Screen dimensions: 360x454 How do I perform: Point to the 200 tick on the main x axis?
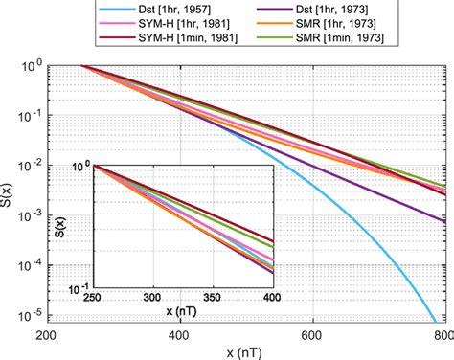tap(45, 338)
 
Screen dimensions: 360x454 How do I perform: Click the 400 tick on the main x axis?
tap(179, 338)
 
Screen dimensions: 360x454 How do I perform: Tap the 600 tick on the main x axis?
tap(310, 338)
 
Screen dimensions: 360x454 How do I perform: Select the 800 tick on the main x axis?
tap(442, 338)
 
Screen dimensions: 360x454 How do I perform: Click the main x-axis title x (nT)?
tap(246, 352)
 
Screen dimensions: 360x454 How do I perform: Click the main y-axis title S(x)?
tap(9, 191)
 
